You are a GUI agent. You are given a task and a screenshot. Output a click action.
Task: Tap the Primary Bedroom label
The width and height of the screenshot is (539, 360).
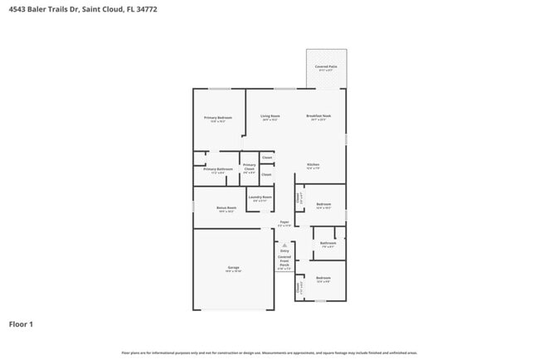click(218, 118)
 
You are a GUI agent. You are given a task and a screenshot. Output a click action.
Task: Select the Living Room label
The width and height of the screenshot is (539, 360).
click(269, 116)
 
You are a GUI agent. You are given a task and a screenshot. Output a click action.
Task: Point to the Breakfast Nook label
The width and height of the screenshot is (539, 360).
click(318, 116)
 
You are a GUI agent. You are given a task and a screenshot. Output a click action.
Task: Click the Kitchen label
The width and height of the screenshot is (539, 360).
click(313, 165)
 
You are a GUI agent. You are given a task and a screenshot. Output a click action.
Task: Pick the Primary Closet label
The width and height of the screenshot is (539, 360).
click(249, 168)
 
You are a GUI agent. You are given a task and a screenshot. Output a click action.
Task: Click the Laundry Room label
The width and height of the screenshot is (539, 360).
click(260, 197)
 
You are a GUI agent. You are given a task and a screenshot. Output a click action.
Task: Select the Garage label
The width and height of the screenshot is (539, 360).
click(234, 268)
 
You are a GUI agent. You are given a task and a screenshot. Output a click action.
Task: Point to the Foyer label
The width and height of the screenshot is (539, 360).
click(284, 222)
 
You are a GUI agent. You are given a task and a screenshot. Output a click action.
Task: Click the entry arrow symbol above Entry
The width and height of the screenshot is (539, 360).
click(284, 245)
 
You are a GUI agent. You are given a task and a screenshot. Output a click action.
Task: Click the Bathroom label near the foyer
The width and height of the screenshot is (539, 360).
click(328, 243)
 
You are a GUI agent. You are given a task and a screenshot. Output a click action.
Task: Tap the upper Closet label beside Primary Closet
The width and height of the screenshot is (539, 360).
click(266, 157)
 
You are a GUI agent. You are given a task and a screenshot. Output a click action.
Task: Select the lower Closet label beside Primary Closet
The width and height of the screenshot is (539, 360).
click(266, 174)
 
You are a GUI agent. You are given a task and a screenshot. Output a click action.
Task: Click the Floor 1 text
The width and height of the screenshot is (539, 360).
click(21, 324)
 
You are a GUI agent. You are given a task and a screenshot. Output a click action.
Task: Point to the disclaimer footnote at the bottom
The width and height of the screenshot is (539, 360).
click(269, 353)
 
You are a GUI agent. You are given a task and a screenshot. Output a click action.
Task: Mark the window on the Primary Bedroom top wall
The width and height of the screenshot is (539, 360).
click(219, 89)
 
